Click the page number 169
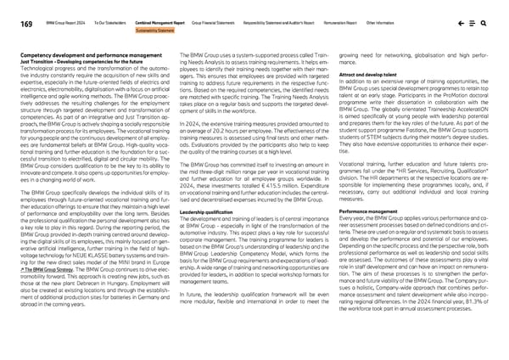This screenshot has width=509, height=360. [x=19, y=14]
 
